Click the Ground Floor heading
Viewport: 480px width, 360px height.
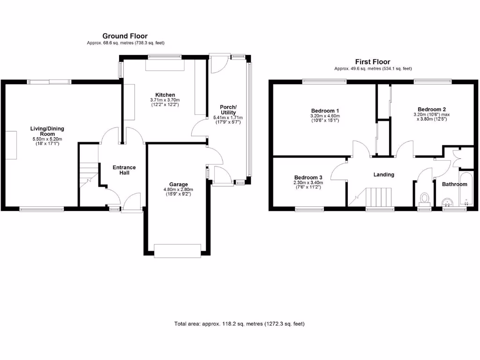[125, 36]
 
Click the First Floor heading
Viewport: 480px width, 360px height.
[373, 62]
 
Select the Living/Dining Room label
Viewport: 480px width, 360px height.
[47, 131]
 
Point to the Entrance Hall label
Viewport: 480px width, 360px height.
[124, 170]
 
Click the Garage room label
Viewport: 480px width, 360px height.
[178, 184]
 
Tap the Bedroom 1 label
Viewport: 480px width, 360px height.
[324, 111]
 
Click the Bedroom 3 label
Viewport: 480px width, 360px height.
[308, 177]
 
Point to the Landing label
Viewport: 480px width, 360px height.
[383, 174]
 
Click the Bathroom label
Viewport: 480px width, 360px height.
[455, 184]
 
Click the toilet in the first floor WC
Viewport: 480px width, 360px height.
[425, 199]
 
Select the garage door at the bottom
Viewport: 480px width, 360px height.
[179, 250]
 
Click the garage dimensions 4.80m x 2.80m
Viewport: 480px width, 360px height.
[178, 189]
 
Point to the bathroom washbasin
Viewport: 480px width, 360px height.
[448, 202]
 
